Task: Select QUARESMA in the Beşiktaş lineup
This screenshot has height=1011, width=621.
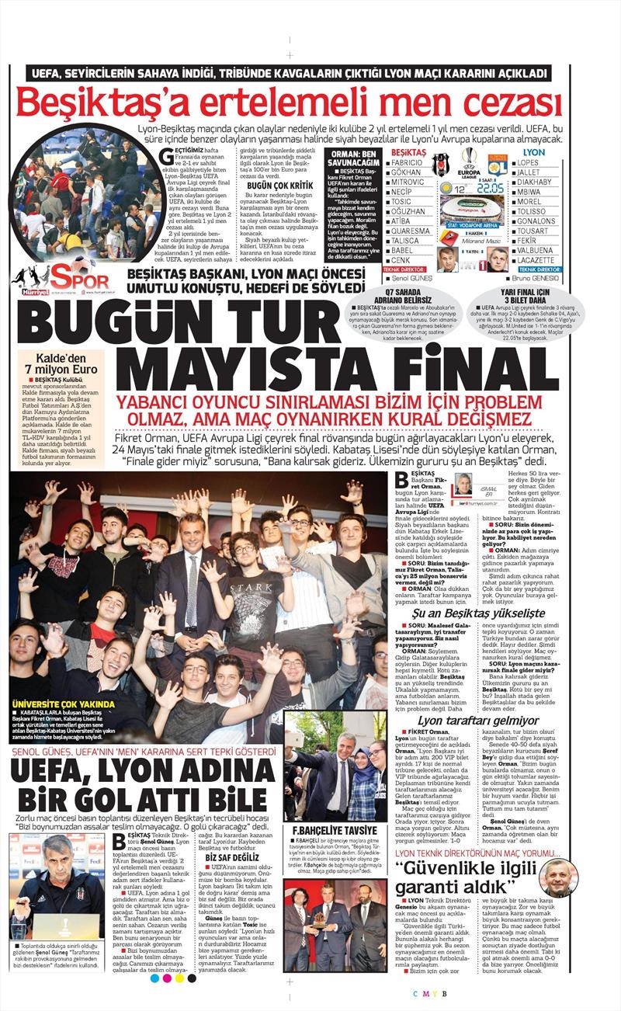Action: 411,231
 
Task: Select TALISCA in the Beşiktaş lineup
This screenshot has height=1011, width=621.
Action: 408,241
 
